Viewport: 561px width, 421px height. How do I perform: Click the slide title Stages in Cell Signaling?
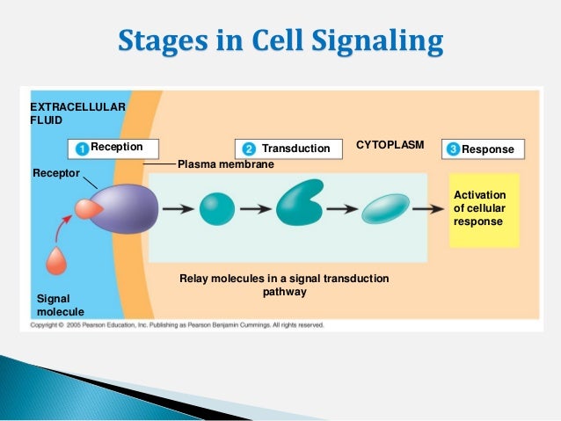coord(280,42)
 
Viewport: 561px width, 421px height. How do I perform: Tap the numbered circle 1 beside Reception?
coord(81,149)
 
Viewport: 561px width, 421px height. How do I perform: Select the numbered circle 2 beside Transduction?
coord(249,149)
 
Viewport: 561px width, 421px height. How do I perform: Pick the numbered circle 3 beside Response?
coord(453,149)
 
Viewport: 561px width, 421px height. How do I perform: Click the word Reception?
coord(117,147)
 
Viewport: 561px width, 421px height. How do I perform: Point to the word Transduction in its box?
coord(295,149)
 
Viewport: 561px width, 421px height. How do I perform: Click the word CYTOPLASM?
coord(390,144)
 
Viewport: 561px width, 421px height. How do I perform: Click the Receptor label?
coord(56,173)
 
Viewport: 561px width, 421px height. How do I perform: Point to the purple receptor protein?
coord(125,208)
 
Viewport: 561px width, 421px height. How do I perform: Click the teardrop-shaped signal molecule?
coord(57,261)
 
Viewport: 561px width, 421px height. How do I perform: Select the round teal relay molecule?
coord(216,208)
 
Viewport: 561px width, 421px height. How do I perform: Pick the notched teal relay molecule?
coord(300,204)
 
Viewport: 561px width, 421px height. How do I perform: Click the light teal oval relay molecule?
coord(386,208)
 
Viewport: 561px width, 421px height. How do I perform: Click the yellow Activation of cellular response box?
coord(484,209)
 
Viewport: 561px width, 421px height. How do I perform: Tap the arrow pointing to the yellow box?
coord(429,209)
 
